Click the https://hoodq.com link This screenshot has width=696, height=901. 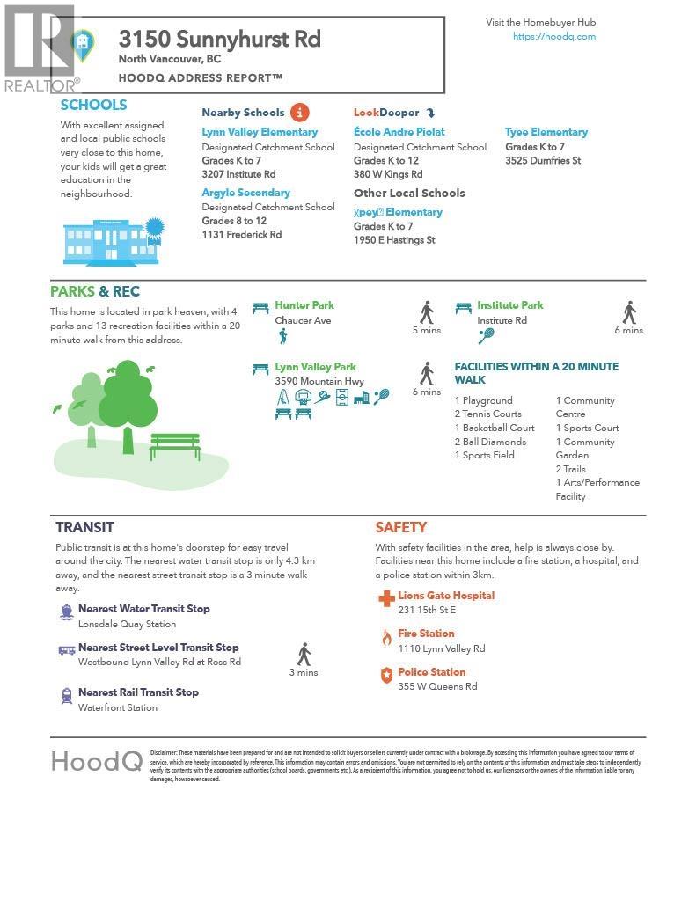click(554, 36)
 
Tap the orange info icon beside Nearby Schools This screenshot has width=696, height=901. click(300, 112)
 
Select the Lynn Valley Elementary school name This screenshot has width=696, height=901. click(260, 132)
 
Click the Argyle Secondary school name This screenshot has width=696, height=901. click(245, 193)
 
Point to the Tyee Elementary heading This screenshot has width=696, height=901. click(546, 132)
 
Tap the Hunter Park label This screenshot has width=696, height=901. click(304, 305)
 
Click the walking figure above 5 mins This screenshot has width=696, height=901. click(427, 312)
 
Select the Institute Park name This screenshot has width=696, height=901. click(510, 305)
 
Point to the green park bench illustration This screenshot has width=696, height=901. click(175, 445)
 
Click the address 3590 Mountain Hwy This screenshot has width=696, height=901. click(319, 381)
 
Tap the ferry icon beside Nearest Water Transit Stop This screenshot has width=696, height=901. click(67, 612)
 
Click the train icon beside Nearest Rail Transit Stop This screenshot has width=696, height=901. click(67, 696)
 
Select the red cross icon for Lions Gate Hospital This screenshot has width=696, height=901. click(385, 599)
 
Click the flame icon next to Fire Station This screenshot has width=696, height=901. click(385, 638)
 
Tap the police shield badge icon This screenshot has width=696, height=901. click(385, 676)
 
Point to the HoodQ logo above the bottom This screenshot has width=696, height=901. click(97, 761)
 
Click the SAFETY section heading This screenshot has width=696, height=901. click(400, 527)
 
